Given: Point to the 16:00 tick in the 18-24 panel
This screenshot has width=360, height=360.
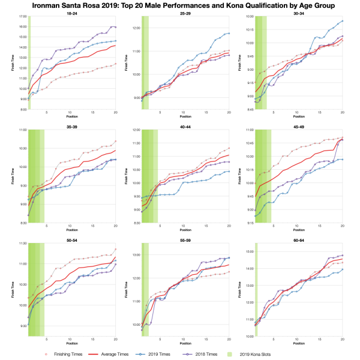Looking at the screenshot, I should tap(22, 26).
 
